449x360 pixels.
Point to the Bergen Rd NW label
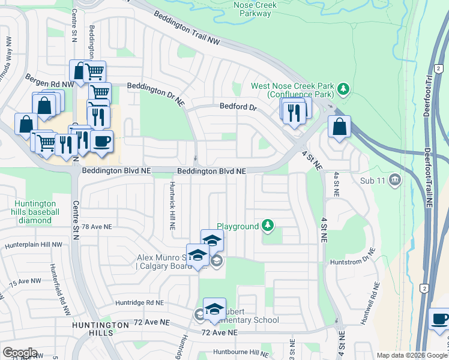click(x=49, y=81)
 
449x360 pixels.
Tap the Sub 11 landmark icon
click(x=394, y=179)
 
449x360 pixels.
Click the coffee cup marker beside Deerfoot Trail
click(x=440, y=320)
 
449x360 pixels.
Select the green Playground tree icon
click(x=268, y=226)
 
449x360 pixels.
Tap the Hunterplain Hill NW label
click(x=33, y=245)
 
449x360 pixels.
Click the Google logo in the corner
click(x=20, y=353)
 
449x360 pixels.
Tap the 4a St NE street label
click(x=336, y=185)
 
